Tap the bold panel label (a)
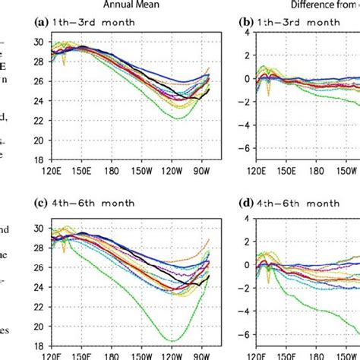pyautogui.click(x=44, y=23)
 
